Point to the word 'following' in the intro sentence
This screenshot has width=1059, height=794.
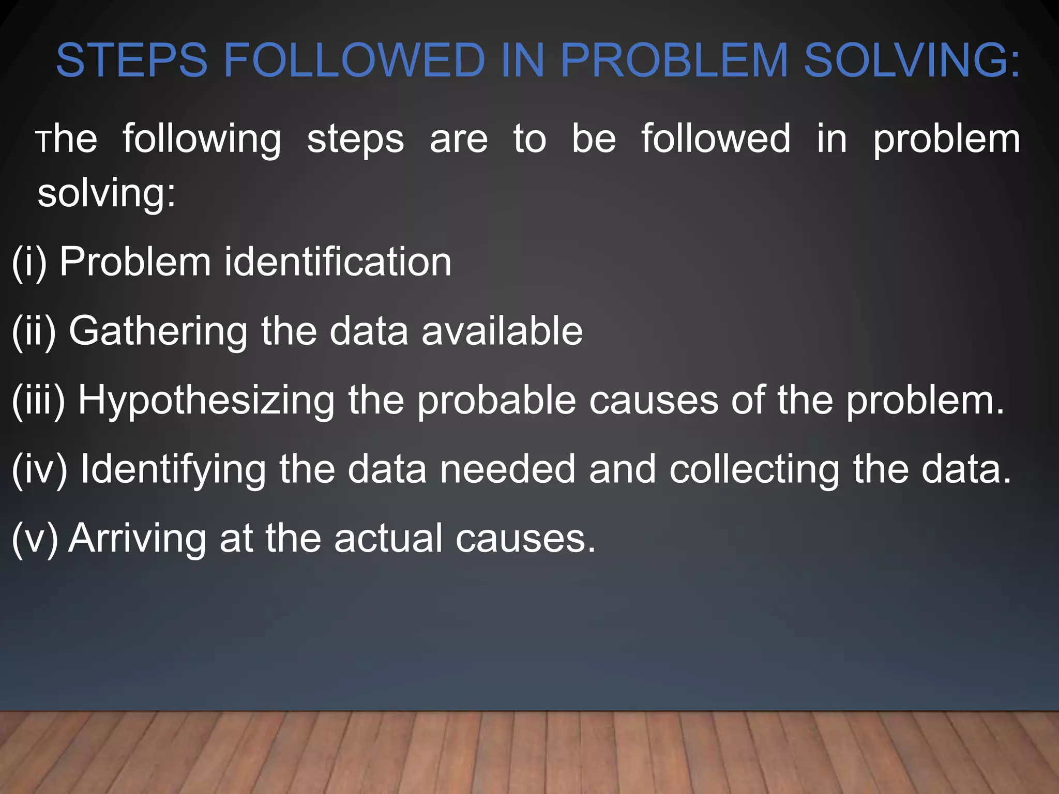coord(202,140)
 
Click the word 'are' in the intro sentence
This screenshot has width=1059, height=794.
coord(459,140)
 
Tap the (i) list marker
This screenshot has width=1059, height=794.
coord(29,262)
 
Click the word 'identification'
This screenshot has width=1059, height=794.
coord(338,262)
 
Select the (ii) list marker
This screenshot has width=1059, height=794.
coord(34,331)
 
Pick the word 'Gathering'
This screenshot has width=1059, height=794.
coord(158,331)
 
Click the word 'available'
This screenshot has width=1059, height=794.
coord(502,331)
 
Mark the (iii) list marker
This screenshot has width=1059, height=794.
coord(38,401)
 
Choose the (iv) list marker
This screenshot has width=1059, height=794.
coord(39,469)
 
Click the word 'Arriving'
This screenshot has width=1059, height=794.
coord(138,540)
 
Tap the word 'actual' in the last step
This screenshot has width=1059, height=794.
coord(388,539)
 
